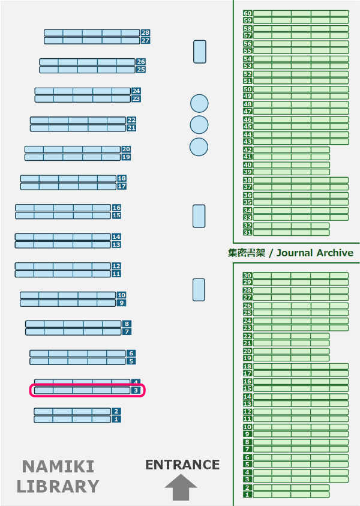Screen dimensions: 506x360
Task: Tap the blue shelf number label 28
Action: (x=145, y=33)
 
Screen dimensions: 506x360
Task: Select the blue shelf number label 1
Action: (x=116, y=420)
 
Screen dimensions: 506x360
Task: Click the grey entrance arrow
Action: (x=181, y=487)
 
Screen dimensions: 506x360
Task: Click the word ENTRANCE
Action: (x=182, y=465)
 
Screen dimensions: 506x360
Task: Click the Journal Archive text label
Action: (x=291, y=253)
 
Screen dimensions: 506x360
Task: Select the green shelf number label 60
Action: (x=247, y=13)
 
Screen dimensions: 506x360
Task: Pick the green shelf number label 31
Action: (x=247, y=232)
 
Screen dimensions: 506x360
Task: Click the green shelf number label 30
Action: (x=247, y=276)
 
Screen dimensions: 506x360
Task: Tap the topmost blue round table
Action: (x=199, y=103)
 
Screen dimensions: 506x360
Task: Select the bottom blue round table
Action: (x=199, y=146)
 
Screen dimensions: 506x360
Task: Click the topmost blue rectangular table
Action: (x=200, y=52)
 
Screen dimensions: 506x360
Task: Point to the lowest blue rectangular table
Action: (x=199, y=290)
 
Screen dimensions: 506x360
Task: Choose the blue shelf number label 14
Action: (x=116, y=237)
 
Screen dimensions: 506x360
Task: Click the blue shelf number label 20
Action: (x=126, y=149)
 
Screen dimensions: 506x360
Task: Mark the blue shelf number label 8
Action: (x=127, y=324)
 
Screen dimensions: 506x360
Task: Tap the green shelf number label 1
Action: (x=247, y=495)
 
